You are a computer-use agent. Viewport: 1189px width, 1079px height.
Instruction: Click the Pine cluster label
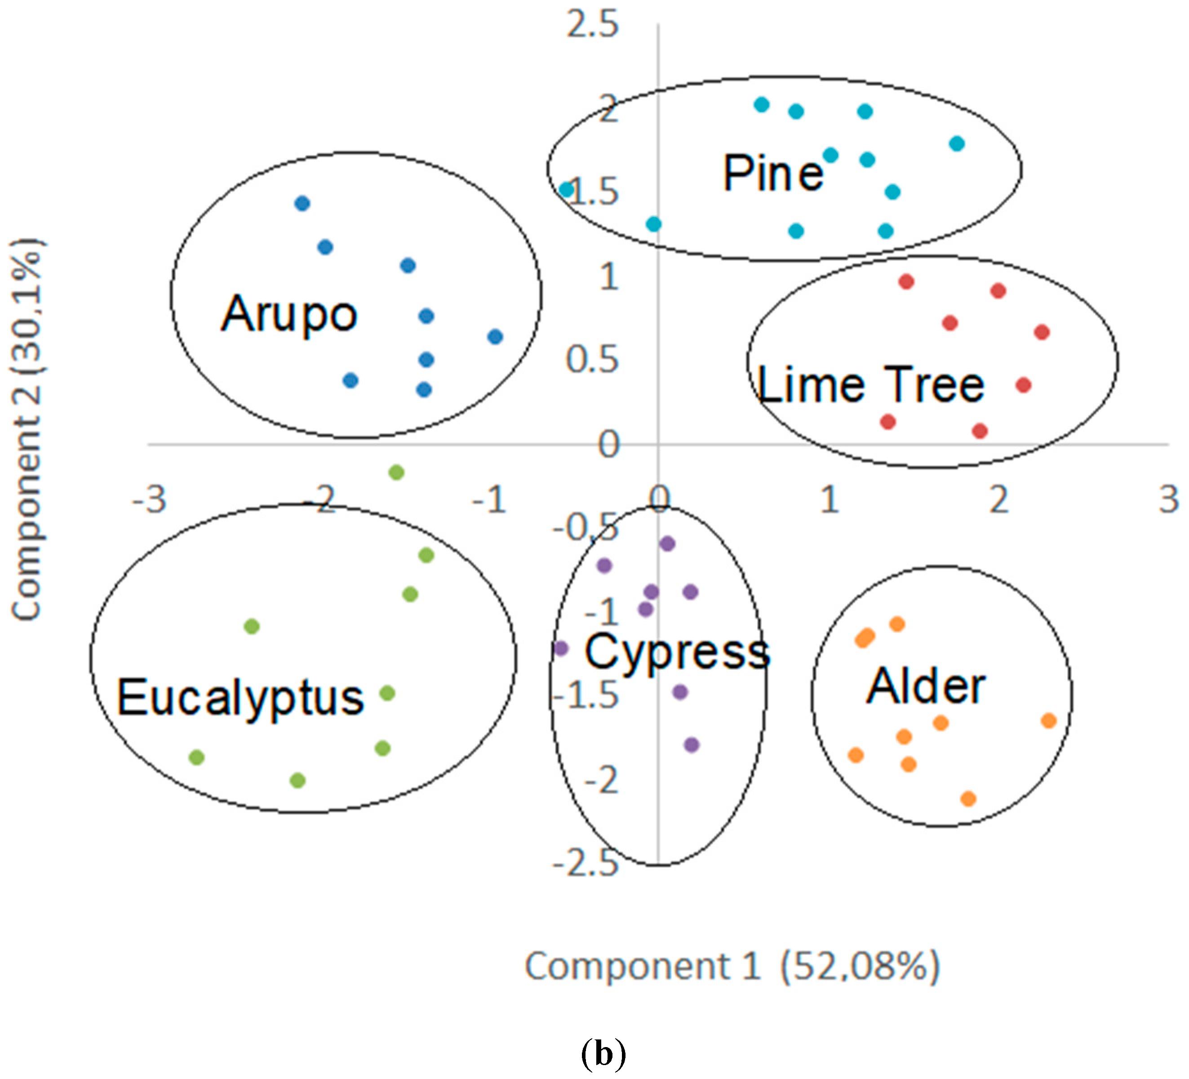tap(772, 174)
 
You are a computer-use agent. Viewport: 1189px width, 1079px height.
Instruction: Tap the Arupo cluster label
tap(289, 314)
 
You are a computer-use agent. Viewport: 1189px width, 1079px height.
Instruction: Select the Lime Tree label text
tap(870, 385)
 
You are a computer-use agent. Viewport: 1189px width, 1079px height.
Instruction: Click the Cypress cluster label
tap(677, 651)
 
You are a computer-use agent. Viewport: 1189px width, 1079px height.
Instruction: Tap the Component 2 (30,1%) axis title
tap(27, 429)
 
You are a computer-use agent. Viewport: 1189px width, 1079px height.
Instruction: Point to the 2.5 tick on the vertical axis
tap(592, 25)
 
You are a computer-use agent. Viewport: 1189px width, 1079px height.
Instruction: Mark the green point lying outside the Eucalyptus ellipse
tap(396, 472)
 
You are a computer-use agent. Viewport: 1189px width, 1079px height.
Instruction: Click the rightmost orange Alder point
tap(1049, 720)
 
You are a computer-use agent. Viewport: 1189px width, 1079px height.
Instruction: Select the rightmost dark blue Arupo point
tap(495, 337)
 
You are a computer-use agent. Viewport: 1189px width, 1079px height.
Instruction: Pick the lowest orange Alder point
tap(968, 799)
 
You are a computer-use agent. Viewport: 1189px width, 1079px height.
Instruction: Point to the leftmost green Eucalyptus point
tap(196, 757)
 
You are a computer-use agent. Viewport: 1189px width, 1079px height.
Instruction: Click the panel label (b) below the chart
tap(603, 1054)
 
